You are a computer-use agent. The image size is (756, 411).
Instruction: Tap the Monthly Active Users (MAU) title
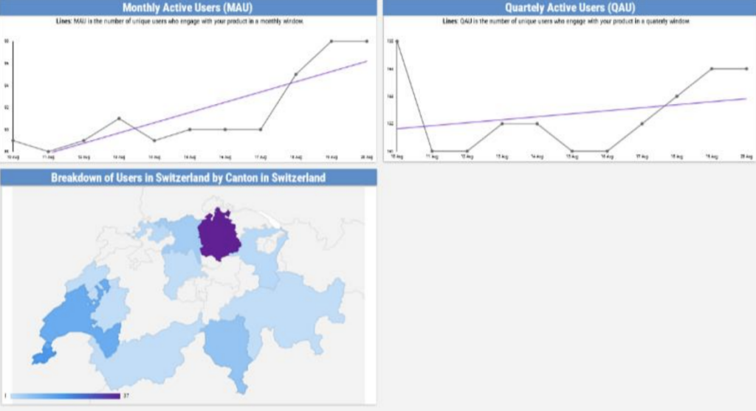coord(188,8)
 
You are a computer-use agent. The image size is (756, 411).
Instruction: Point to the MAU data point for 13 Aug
coord(119,118)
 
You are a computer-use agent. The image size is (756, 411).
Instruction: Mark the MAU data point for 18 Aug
coord(296,74)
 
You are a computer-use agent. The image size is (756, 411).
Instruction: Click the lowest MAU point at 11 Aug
coord(49,151)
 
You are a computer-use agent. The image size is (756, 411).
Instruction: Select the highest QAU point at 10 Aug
coord(397,41)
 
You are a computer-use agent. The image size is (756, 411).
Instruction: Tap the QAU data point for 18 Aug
coord(676,96)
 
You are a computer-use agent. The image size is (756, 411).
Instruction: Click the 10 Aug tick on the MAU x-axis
coord(13,157)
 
